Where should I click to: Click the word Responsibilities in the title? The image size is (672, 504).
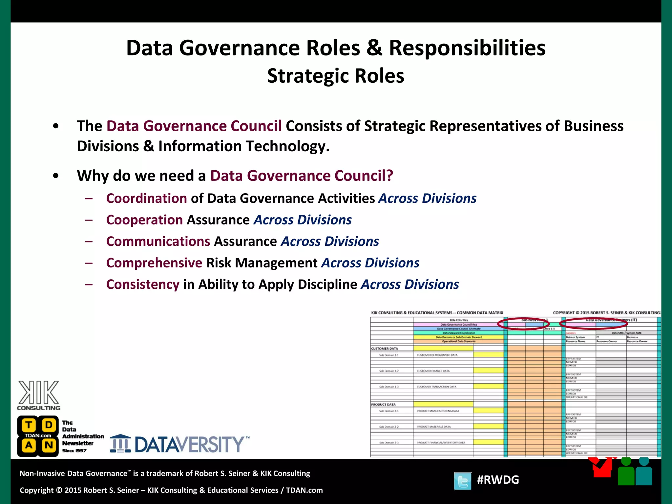[x=467, y=48]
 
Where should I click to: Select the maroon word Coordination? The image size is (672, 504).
[x=147, y=199]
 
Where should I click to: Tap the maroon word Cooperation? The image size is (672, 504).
[x=144, y=220]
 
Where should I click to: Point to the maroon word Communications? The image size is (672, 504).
[x=158, y=241]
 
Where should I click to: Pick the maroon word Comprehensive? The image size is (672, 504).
[x=154, y=263]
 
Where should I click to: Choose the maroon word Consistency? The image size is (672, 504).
[x=143, y=284]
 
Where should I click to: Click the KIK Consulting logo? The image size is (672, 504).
[x=39, y=395]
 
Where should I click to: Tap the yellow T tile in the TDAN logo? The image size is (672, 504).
[x=29, y=425]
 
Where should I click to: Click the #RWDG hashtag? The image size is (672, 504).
[x=498, y=480]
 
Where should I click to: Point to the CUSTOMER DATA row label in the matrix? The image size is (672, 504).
[x=385, y=349]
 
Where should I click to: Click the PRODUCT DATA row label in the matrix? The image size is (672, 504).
[x=383, y=405]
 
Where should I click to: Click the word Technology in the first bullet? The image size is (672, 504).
[x=288, y=146]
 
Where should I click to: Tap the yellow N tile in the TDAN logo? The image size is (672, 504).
[x=49, y=445]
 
